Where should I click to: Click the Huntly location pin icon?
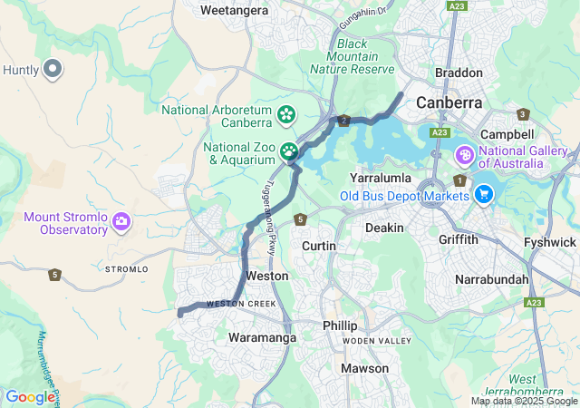(53, 68)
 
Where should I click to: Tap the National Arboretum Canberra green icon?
(286, 114)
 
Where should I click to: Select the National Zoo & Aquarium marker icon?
(289, 151)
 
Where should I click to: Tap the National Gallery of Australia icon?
(465, 156)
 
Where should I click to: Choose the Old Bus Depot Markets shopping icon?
(483, 193)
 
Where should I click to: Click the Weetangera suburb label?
(234, 10)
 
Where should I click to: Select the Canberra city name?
(449, 102)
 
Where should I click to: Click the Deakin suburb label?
(384, 228)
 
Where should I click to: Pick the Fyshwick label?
(550, 242)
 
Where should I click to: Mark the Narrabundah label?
(491, 278)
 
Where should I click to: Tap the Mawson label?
(364, 368)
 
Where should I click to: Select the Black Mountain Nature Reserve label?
(353, 56)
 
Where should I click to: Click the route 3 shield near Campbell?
(523, 114)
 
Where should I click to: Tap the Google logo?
(30, 396)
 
